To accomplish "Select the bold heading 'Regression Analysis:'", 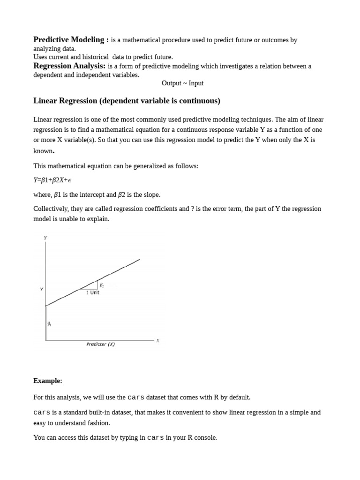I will (x=69, y=66).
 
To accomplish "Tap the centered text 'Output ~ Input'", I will (x=182, y=83).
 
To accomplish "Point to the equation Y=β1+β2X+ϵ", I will (x=52, y=180).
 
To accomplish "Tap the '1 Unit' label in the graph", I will (x=93, y=292).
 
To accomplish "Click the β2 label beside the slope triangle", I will (x=102, y=285).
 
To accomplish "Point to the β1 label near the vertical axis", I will (x=49, y=323).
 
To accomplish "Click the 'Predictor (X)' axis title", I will (x=100, y=344).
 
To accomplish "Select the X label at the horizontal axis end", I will (x=157, y=340).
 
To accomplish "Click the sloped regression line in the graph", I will (x=117, y=270).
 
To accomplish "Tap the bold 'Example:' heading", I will (x=47, y=381).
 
